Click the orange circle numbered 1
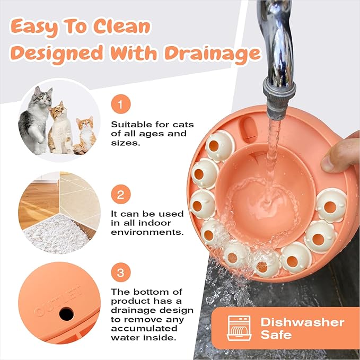(x=121, y=104)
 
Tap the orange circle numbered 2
(x=121, y=194)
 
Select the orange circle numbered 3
(x=121, y=273)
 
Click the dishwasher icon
(x=239, y=328)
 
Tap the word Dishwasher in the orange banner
(x=302, y=322)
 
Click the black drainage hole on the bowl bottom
(x=67, y=314)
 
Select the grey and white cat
(x=35, y=120)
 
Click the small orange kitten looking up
(x=86, y=135)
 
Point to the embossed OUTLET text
(x=58, y=301)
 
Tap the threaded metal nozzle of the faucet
(x=279, y=99)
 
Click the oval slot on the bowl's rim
(x=249, y=129)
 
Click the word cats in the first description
(x=183, y=125)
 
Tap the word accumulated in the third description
(x=144, y=329)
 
